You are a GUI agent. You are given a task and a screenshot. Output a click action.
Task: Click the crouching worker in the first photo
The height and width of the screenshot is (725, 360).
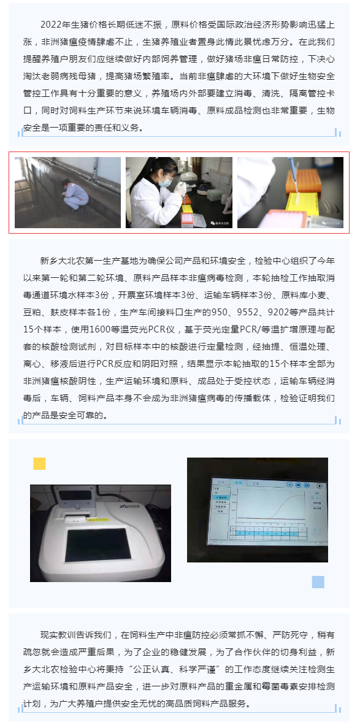click(x=74, y=194)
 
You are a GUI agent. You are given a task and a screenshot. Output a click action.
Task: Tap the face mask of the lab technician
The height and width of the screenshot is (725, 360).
click(x=164, y=182)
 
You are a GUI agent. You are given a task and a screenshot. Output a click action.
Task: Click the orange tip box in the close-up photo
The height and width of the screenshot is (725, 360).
click(x=303, y=180)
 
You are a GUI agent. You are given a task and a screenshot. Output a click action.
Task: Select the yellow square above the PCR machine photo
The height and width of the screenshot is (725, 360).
click(x=39, y=464)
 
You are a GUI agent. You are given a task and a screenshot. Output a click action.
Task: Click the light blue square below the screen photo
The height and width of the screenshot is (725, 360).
click(x=318, y=581)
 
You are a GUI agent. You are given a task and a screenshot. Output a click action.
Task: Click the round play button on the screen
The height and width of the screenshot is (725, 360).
click(x=319, y=486)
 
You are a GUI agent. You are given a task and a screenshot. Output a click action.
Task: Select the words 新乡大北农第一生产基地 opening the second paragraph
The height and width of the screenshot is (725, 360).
click(x=88, y=260)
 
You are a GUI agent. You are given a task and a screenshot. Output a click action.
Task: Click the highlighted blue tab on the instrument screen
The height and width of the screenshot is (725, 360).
click(x=239, y=482)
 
